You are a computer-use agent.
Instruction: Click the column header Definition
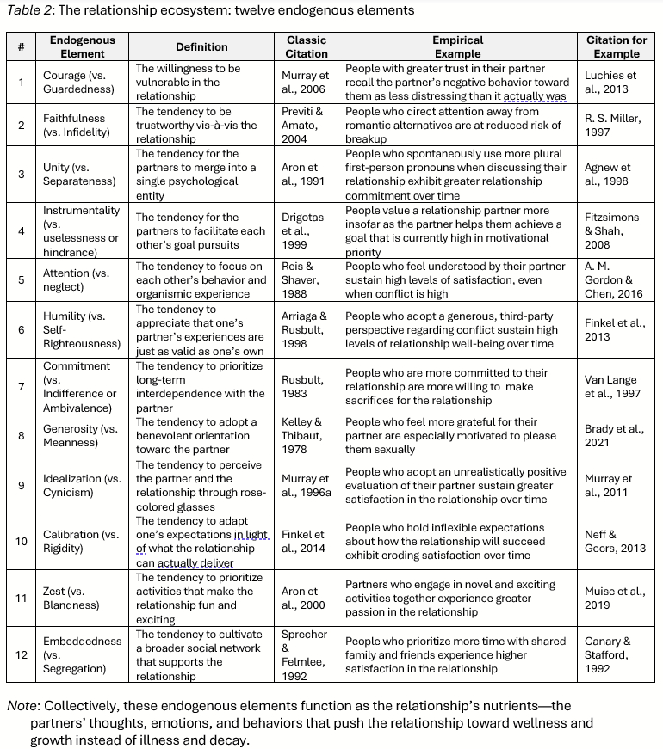(x=201, y=46)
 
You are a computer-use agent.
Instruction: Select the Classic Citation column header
(x=307, y=46)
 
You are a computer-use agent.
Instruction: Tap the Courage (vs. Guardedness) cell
(x=80, y=82)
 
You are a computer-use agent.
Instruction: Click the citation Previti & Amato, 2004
(x=307, y=125)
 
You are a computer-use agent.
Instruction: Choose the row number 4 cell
(x=21, y=230)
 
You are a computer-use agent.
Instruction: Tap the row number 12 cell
(x=21, y=654)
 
